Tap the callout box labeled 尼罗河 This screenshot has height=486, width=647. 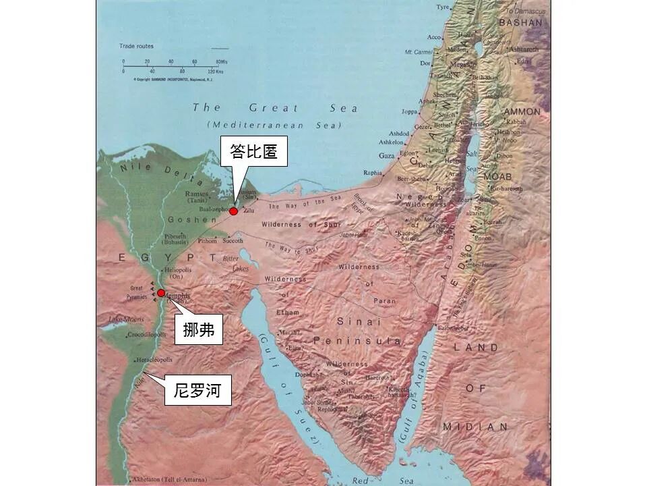pos(197,391)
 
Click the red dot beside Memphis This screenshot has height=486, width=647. pos(161,293)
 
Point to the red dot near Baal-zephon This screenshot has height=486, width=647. pos(233,211)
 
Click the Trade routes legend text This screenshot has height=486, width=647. pos(137,47)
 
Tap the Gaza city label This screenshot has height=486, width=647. pos(387,155)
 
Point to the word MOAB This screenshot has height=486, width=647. pos(497,176)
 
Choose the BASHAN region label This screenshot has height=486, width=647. pos(520,22)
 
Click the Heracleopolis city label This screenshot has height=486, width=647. pos(158,360)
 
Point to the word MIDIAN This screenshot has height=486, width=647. pos(475,427)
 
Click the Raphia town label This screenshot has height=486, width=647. pos(372,172)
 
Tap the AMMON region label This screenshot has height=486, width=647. pos(522,111)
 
